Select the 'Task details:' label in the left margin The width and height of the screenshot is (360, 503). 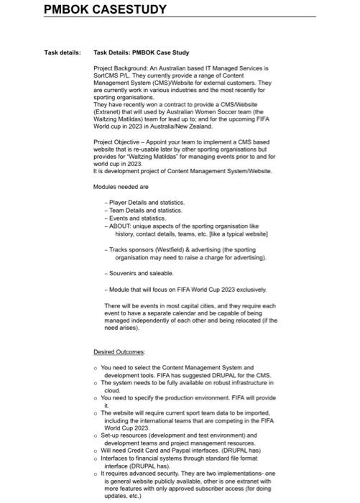(x=62, y=52)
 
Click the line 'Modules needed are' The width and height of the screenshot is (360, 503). (x=121, y=185)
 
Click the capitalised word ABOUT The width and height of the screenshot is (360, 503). (x=120, y=225)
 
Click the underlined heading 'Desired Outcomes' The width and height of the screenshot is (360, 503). (x=119, y=352)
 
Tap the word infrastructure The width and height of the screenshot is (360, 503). (x=230, y=384)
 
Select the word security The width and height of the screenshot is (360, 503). (x=167, y=473)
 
